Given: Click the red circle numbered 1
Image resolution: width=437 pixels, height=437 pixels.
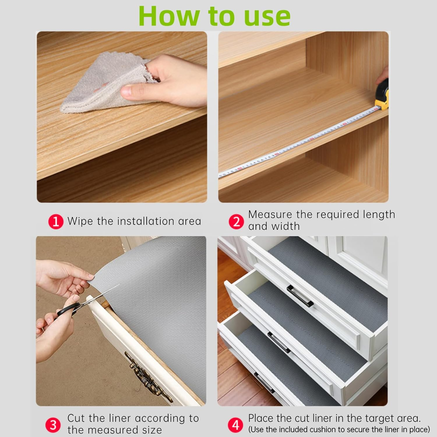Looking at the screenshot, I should coord(56,222).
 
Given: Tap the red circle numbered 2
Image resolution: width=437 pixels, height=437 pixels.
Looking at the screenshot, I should coord(236,222).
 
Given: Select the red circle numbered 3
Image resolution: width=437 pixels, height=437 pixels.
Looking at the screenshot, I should coord(53,425).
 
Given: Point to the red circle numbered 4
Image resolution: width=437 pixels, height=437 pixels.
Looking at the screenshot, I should coord(235,425).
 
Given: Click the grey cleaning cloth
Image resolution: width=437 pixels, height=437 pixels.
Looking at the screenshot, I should coord(96,84).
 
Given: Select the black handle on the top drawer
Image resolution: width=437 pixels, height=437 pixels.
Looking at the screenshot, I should coord(300,296).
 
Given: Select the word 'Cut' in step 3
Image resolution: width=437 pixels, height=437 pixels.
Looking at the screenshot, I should coord(76,418).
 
